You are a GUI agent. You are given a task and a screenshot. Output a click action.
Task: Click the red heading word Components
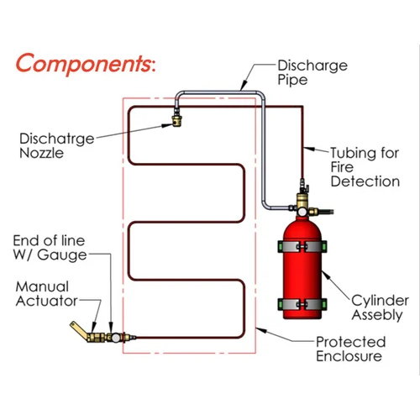click(x=84, y=64)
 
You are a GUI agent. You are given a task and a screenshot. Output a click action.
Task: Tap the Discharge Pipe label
click(x=312, y=72)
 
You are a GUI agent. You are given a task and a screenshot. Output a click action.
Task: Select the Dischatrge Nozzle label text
click(x=57, y=145)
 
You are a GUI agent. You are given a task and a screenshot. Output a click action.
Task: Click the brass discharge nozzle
click(x=177, y=121)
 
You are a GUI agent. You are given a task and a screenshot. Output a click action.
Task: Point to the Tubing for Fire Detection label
click(x=365, y=167)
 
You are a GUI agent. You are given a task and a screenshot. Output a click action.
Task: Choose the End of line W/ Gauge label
click(x=50, y=248)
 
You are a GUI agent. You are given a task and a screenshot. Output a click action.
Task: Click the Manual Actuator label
click(x=46, y=294)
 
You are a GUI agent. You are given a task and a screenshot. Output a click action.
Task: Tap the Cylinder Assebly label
click(x=380, y=307)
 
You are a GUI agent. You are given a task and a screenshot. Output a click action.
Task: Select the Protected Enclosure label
click(x=351, y=349)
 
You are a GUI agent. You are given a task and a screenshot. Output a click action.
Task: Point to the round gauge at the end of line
click(x=116, y=338)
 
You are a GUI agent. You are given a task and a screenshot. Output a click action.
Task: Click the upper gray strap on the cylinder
click(x=302, y=247)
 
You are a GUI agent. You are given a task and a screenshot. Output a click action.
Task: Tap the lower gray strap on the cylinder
click(x=302, y=304)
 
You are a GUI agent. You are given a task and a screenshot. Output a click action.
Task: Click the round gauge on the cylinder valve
click(x=302, y=212)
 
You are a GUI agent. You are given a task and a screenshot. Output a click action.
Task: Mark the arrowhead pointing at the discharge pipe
click(x=244, y=85)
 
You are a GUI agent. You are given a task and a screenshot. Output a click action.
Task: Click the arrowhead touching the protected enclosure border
click(x=261, y=330)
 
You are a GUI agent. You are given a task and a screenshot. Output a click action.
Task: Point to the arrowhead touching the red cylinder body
click(x=326, y=275)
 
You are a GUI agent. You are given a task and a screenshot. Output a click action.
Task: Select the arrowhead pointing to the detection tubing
click(x=309, y=149)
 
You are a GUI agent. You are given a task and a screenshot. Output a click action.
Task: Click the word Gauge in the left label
click(x=62, y=255)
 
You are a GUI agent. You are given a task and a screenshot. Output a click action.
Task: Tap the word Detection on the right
click(x=365, y=181)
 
